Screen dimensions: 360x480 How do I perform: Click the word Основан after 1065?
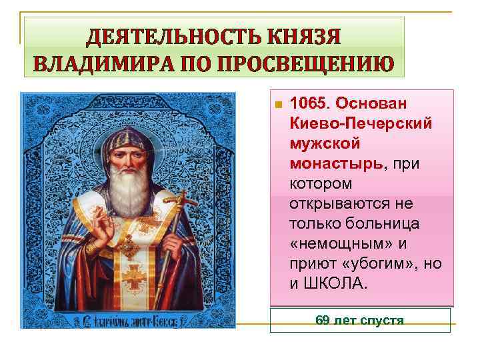pos(376,105)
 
